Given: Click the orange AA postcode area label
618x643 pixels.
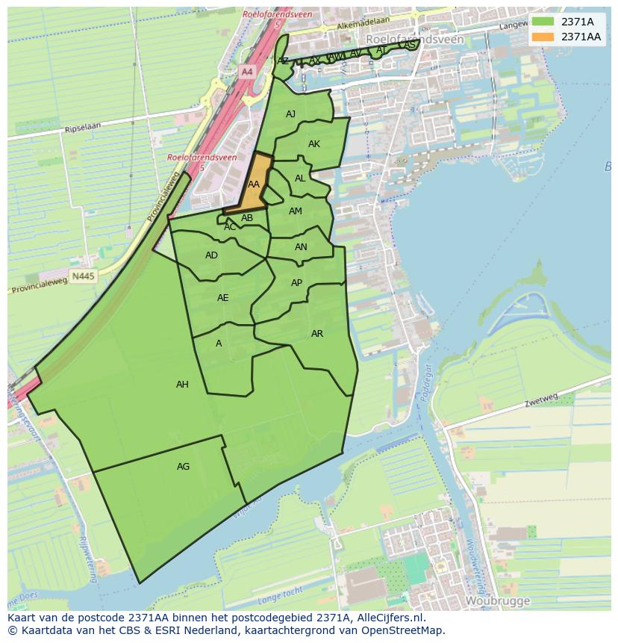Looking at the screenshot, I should [x=254, y=184].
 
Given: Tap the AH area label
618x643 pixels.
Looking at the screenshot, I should [x=182, y=385].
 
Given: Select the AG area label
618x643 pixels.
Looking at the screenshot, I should [x=183, y=467].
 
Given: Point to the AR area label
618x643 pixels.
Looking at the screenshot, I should [x=317, y=334].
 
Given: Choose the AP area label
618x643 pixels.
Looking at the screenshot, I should [x=296, y=283].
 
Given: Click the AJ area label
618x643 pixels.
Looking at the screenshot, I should [x=290, y=114].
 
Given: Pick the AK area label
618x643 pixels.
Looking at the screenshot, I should [x=314, y=144].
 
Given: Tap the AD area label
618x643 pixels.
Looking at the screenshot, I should [x=211, y=255].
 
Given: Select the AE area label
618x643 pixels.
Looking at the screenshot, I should [x=222, y=298].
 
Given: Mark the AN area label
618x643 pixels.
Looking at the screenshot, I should [x=301, y=247].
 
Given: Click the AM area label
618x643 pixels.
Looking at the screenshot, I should [x=296, y=211].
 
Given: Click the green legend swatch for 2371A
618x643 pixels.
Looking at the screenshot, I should [x=543, y=22].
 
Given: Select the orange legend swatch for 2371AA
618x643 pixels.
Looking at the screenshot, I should [x=543, y=37].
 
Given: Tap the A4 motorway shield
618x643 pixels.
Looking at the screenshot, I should [x=247, y=72].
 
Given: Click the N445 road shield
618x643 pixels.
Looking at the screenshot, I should [x=83, y=276].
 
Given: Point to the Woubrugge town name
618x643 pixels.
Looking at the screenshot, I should [x=497, y=600].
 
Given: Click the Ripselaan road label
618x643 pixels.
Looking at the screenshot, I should [x=82, y=129].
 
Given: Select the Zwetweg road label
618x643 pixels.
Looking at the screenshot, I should [x=541, y=403].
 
